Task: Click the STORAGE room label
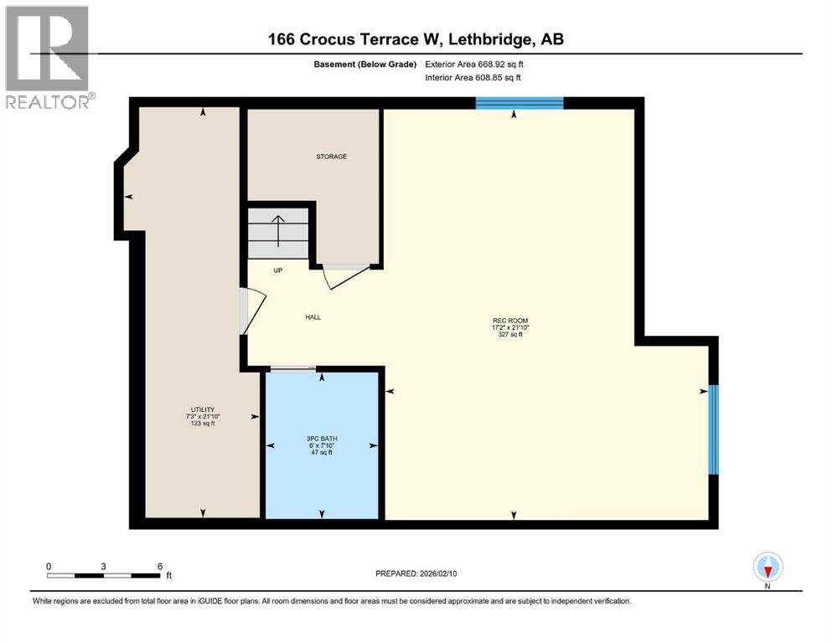point(331,157)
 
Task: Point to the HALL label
point(313,316)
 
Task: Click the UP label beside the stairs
point(277,270)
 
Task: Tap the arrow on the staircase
point(277,228)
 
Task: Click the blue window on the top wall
point(519,103)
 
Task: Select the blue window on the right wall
point(713,429)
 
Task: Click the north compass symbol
point(767,568)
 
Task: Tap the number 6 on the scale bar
point(159,565)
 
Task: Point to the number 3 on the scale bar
point(103,565)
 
